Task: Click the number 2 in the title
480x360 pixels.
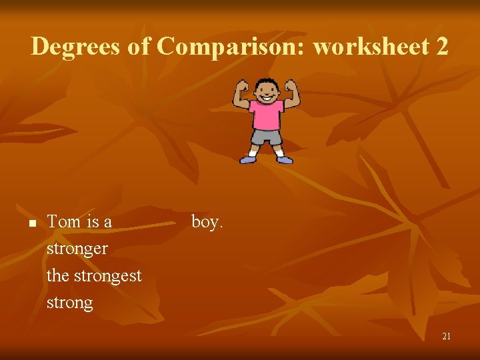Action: tap(442, 47)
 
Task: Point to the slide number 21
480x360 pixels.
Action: tap(446, 337)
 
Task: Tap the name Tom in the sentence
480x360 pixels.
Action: tap(63, 222)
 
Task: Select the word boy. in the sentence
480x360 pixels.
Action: tap(207, 222)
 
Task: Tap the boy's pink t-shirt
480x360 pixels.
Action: tap(266, 115)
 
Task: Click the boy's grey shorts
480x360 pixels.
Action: tap(266, 137)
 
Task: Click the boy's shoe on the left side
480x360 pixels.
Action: tap(249, 160)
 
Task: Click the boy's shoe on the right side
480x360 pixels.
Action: tap(284, 159)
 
